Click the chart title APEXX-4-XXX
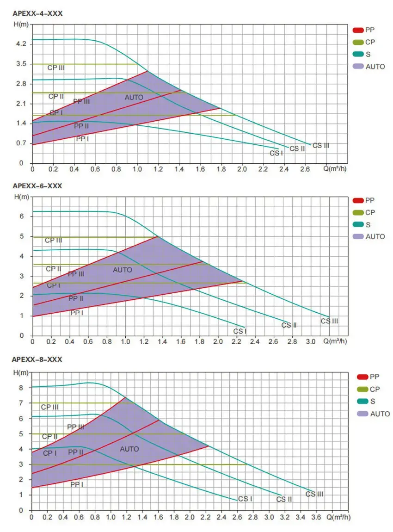(37, 14)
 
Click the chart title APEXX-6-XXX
(37, 186)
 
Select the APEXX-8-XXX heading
(37, 359)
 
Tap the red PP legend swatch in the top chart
(358, 30)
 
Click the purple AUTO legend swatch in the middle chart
(358, 237)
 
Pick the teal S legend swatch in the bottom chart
(362, 402)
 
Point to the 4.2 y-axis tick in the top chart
(21, 44)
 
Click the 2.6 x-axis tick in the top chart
(305, 170)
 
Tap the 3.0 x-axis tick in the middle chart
(311, 342)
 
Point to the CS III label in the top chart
(321, 146)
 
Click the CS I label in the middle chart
(239, 331)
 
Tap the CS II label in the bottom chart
(284, 500)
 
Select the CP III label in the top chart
(56, 68)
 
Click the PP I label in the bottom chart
(77, 485)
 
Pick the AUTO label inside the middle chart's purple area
(123, 270)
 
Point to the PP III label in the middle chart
(76, 274)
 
